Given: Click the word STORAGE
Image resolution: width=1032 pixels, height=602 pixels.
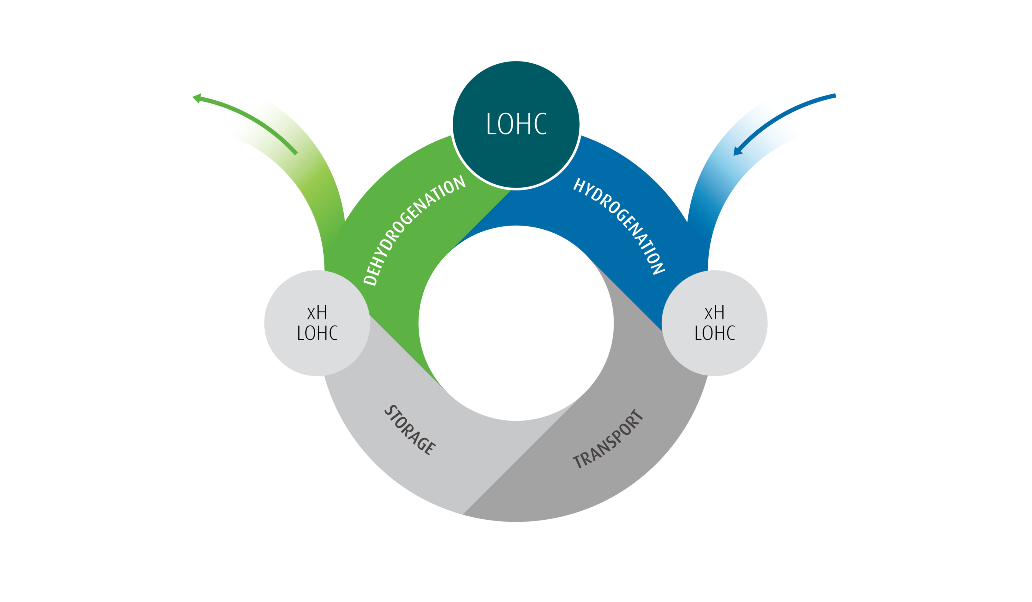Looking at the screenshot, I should pos(410,430).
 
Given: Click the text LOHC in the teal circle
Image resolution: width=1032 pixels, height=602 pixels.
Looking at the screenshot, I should pos(516,124).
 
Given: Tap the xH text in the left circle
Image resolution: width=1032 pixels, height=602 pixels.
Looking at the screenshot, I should pos(317,313).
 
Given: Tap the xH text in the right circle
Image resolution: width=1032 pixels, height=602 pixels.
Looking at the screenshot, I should pos(715,313).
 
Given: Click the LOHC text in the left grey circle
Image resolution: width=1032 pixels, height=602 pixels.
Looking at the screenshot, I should pos(317,333).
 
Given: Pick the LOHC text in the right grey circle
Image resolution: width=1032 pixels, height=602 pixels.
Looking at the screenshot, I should pos(715,333).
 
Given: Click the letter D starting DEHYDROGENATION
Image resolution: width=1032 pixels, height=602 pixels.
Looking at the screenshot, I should pos(370,280).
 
